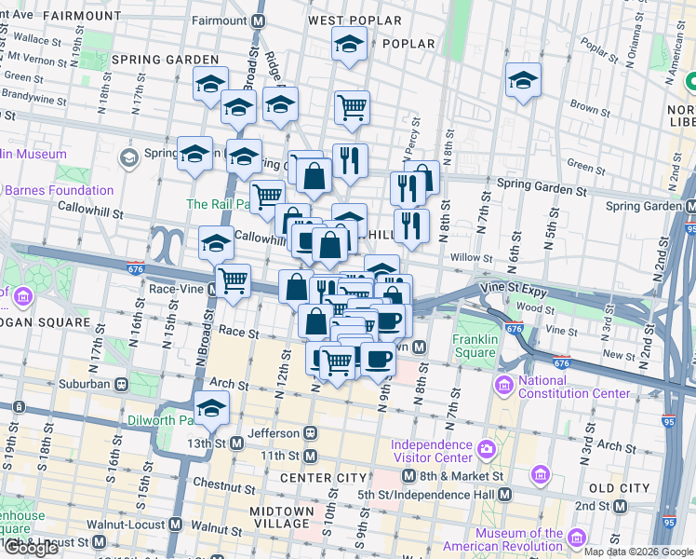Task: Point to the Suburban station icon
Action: [121, 384]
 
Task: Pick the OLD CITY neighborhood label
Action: [619, 488]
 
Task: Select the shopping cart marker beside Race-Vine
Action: [233, 279]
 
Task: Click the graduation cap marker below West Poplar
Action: [350, 44]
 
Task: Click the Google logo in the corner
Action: [31, 548]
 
